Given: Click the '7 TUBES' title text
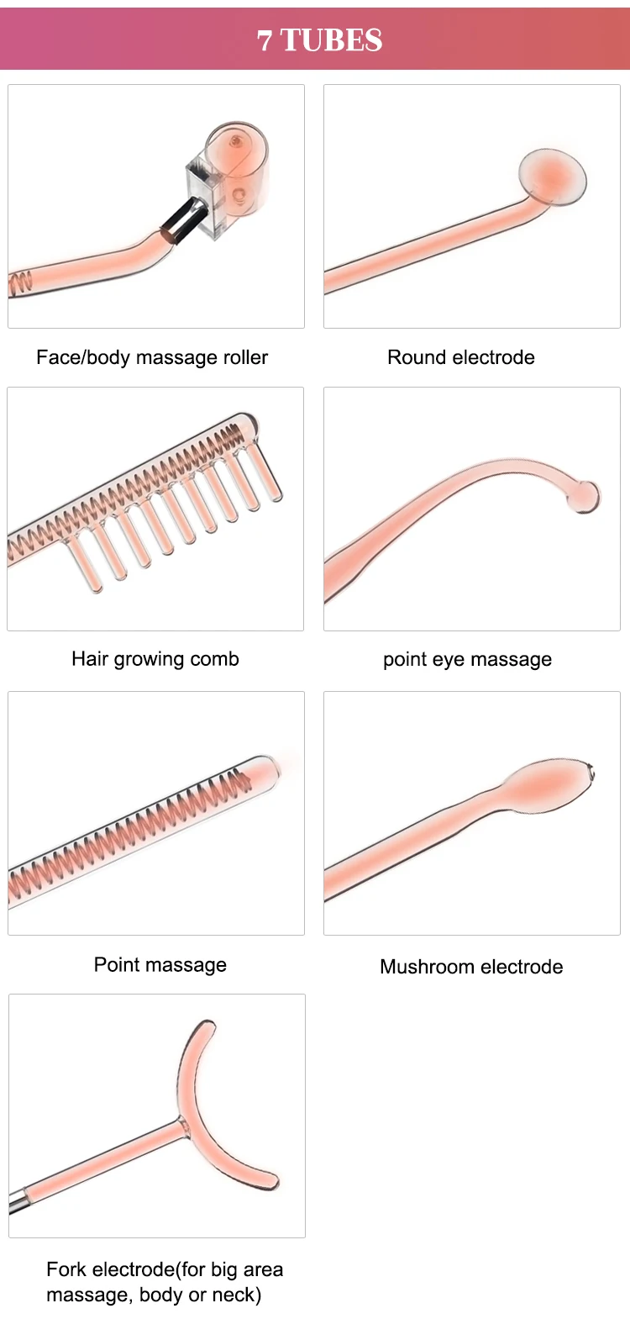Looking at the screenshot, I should [x=320, y=40].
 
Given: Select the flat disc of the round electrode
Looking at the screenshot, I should [x=552, y=177].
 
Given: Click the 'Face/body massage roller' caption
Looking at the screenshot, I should [x=152, y=357].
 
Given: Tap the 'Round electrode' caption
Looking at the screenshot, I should [x=461, y=357].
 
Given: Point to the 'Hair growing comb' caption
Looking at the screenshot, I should [x=155, y=659].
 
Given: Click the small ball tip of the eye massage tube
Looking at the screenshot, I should [x=585, y=496].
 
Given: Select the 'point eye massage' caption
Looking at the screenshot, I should [x=468, y=660].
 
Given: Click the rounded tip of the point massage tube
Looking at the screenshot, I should [x=267, y=766].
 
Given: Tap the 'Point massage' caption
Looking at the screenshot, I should [x=160, y=964].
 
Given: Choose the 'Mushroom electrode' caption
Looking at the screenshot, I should [x=471, y=967].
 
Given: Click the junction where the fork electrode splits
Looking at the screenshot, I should [x=182, y=1122].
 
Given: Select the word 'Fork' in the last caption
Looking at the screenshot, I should [x=66, y=1269].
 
